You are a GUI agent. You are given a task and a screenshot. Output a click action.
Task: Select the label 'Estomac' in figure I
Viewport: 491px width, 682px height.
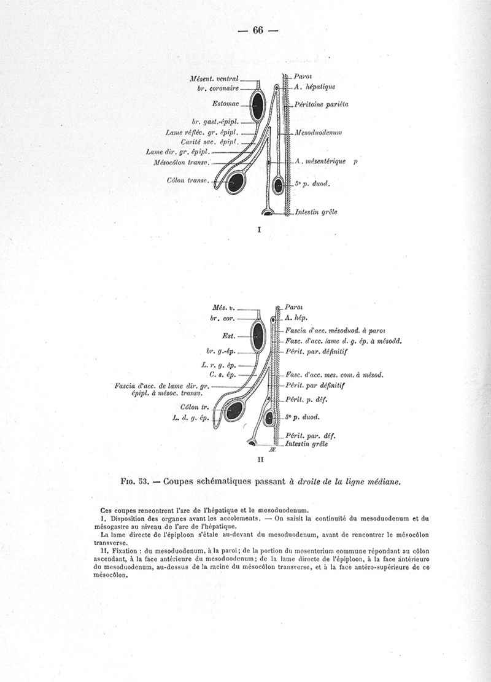pyautogui.click(x=225, y=104)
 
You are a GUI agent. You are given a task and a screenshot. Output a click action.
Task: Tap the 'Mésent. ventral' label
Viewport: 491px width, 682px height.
pyautogui.click(x=214, y=79)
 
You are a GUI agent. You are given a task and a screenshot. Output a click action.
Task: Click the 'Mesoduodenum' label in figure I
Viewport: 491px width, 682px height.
pyautogui.click(x=318, y=133)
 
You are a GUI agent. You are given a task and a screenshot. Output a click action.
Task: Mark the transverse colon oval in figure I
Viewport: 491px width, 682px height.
pyautogui.click(x=235, y=182)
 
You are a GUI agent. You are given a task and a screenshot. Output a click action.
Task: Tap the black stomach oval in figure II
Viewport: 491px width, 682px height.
pyautogui.click(x=258, y=337)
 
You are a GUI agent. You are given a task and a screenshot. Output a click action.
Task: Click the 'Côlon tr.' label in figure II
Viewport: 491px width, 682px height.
pyautogui.click(x=195, y=407)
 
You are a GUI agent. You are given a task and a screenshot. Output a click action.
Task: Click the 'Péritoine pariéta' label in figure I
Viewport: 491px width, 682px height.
pyautogui.click(x=321, y=104)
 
